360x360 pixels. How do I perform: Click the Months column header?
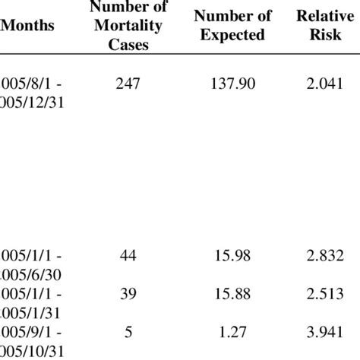28,25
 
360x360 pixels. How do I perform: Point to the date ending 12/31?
32,103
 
